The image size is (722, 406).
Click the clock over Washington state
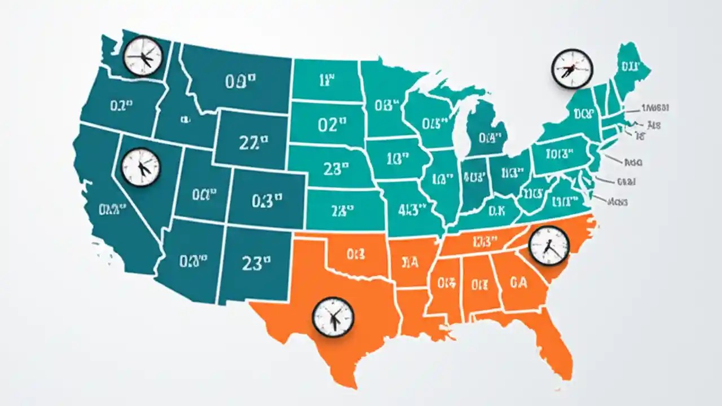(x=143, y=56)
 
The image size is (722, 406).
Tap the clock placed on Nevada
(x=141, y=167)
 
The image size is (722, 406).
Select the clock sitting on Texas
(x=333, y=317)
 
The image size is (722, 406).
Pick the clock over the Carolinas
(x=549, y=245)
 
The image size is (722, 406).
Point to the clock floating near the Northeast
(x=572, y=69)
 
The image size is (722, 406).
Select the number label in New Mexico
(x=256, y=262)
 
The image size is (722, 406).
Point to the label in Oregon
(x=121, y=105)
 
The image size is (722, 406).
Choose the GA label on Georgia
(x=518, y=283)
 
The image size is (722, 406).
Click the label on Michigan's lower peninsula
(x=490, y=136)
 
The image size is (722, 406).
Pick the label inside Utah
(x=204, y=195)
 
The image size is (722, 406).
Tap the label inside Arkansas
(x=410, y=262)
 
